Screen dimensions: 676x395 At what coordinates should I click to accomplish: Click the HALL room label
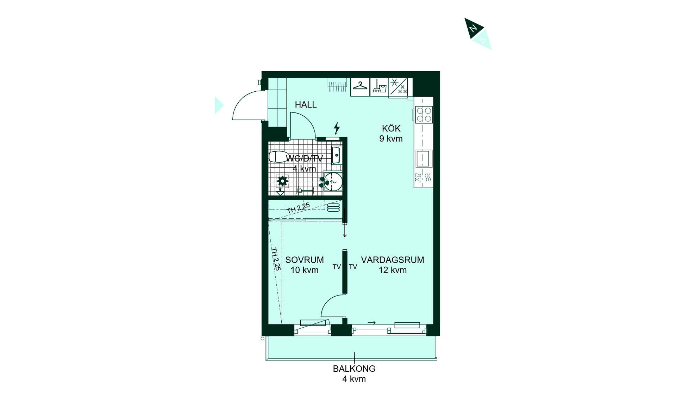(x=306, y=105)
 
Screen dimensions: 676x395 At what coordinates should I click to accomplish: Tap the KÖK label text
(x=391, y=128)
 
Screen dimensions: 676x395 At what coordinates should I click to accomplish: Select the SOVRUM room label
(x=305, y=260)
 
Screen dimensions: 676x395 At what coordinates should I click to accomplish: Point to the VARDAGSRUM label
(x=393, y=260)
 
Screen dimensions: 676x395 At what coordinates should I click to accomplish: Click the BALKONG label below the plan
(x=354, y=369)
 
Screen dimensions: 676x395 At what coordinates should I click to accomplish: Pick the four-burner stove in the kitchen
(x=424, y=115)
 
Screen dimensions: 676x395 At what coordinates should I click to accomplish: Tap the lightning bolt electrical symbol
(x=337, y=128)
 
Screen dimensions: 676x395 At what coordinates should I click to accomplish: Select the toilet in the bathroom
(x=279, y=157)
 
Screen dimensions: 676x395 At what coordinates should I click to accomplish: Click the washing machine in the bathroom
(x=333, y=182)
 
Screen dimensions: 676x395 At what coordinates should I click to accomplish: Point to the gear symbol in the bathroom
(x=282, y=181)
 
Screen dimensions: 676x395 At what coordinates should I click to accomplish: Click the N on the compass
(x=474, y=28)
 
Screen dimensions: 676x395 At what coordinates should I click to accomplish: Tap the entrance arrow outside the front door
(x=219, y=105)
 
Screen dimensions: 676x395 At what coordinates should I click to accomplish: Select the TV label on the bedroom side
(x=337, y=267)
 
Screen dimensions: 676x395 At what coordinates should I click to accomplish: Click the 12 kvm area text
(x=393, y=270)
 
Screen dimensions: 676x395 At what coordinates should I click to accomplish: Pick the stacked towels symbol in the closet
(x=333, y=207)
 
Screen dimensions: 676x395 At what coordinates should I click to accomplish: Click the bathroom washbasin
(x=336, y=155)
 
